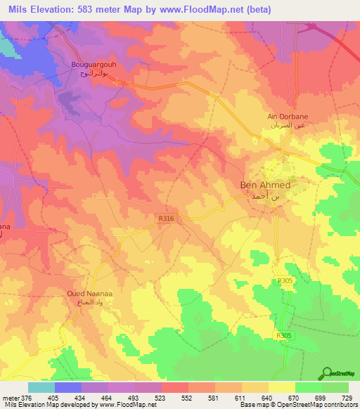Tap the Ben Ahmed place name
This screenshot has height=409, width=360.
pyautogui.click(x=265, y=186)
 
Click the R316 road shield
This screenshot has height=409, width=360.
pyautogui.click(x=165, y=219)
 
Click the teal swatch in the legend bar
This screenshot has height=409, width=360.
pyautogui.click(x=41, y=387)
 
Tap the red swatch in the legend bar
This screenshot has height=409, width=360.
pyautogui.click(x=175, y=387)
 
